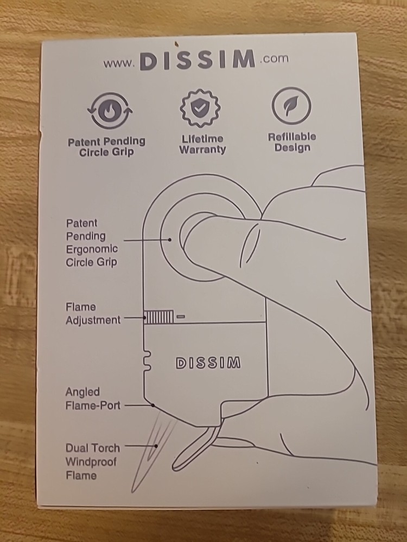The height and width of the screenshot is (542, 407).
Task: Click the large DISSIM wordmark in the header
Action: tap(198, 60)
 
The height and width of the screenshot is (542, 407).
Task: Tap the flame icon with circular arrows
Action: tap(110, 111)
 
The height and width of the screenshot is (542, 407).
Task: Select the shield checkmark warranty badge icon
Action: tap(200, 108)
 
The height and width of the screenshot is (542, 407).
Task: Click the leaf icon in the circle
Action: tap(291, 106)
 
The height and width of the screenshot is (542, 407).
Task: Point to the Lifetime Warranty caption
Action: tap(202, 144)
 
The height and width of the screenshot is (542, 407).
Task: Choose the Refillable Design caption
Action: tap(292, 142)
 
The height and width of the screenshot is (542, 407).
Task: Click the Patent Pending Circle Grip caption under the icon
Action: tap(106, 147)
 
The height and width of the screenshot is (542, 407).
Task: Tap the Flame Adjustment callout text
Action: tap(93, 313)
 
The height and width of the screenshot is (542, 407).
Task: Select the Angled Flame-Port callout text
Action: tap(93, 398)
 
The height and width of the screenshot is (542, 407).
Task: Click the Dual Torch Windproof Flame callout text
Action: tap(92, 462)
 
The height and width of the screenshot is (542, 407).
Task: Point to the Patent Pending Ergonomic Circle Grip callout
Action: tap(92, 243)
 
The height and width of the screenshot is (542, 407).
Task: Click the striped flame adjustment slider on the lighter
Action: tap(158, 317)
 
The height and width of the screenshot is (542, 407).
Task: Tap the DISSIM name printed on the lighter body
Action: tap(208, 363)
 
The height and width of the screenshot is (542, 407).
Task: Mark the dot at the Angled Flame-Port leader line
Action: tap(152, 405)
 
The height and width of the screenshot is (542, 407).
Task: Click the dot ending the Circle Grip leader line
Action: tap(169, 240)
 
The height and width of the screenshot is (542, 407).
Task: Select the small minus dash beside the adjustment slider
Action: tap(181, 317)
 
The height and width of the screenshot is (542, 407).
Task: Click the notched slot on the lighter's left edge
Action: tap(148, 360)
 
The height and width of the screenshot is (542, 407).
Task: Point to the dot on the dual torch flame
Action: tap(156, 446)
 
